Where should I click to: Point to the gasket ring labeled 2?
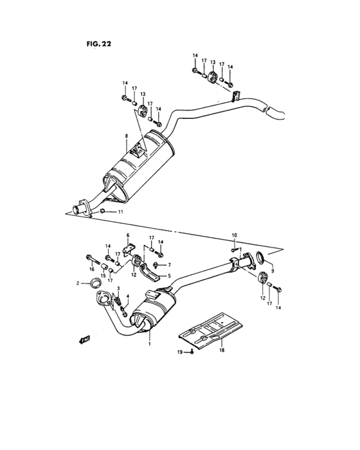tap(94, 282)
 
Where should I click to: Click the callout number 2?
tap(78, 283)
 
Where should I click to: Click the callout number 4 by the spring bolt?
tap(128, 296)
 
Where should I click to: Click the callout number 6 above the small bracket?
tap(127, 235)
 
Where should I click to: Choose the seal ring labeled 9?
tap(260, 259)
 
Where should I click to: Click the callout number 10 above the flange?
tap(235, 235)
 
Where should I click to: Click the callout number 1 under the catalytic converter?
tap(150, 344)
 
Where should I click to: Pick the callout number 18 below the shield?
tap(222, 352)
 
